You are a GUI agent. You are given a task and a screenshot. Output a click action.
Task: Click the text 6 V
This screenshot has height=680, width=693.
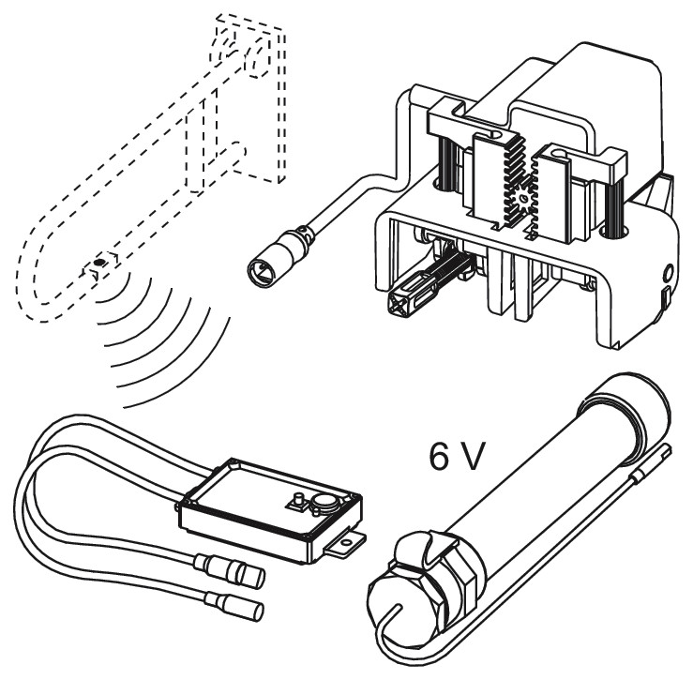pyautogui.click(x=454, y=456)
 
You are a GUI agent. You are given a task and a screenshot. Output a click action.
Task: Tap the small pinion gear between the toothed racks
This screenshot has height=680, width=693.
pyautogui.click(x=523, y=198)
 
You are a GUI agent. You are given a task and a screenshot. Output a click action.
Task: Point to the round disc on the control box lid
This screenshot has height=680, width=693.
pyautogui.click(x=325, y=502)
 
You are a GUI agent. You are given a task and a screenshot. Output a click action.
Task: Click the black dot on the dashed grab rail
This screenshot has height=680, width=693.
pyautogui.click(x=99, y=263)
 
